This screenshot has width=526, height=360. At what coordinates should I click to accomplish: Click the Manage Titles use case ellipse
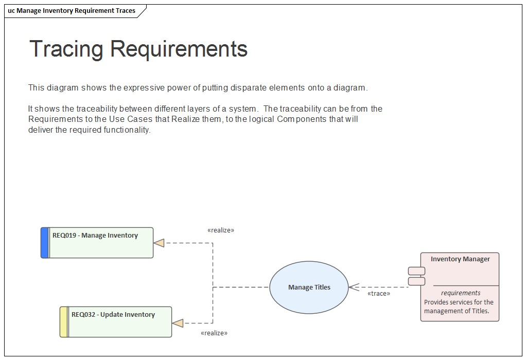[309, 287]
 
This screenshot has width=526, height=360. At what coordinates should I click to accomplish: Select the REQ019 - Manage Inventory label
[95, 236]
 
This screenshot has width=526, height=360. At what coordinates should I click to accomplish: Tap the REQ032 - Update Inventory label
[113, 315]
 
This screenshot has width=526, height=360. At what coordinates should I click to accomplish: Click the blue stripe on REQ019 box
[45, 243]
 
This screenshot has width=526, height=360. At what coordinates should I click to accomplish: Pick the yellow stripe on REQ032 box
[64, 322]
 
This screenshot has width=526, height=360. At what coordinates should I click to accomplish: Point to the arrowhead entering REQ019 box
[159, 243]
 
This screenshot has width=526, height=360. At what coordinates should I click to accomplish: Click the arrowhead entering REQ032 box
[178, 323]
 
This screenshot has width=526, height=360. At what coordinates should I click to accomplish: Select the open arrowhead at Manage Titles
[354, 287]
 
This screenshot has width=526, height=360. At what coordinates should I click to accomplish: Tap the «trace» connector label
[378, 294]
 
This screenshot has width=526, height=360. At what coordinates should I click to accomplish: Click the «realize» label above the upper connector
[220, 230]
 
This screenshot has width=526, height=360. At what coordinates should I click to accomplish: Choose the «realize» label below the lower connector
[214, 333]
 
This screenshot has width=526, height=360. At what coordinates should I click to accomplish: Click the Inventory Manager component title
[460, 259]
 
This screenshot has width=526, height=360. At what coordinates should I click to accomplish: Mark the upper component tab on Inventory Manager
[416, 271]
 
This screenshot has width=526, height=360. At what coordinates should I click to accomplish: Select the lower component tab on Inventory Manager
[416, 281]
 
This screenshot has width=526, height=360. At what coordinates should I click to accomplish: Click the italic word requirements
[461, 293]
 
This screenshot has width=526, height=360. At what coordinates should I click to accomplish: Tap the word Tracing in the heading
[66, 49]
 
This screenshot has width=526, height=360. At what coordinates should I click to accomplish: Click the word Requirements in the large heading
[179, 49]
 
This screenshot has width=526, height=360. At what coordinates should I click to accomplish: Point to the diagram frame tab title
[72, 11]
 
